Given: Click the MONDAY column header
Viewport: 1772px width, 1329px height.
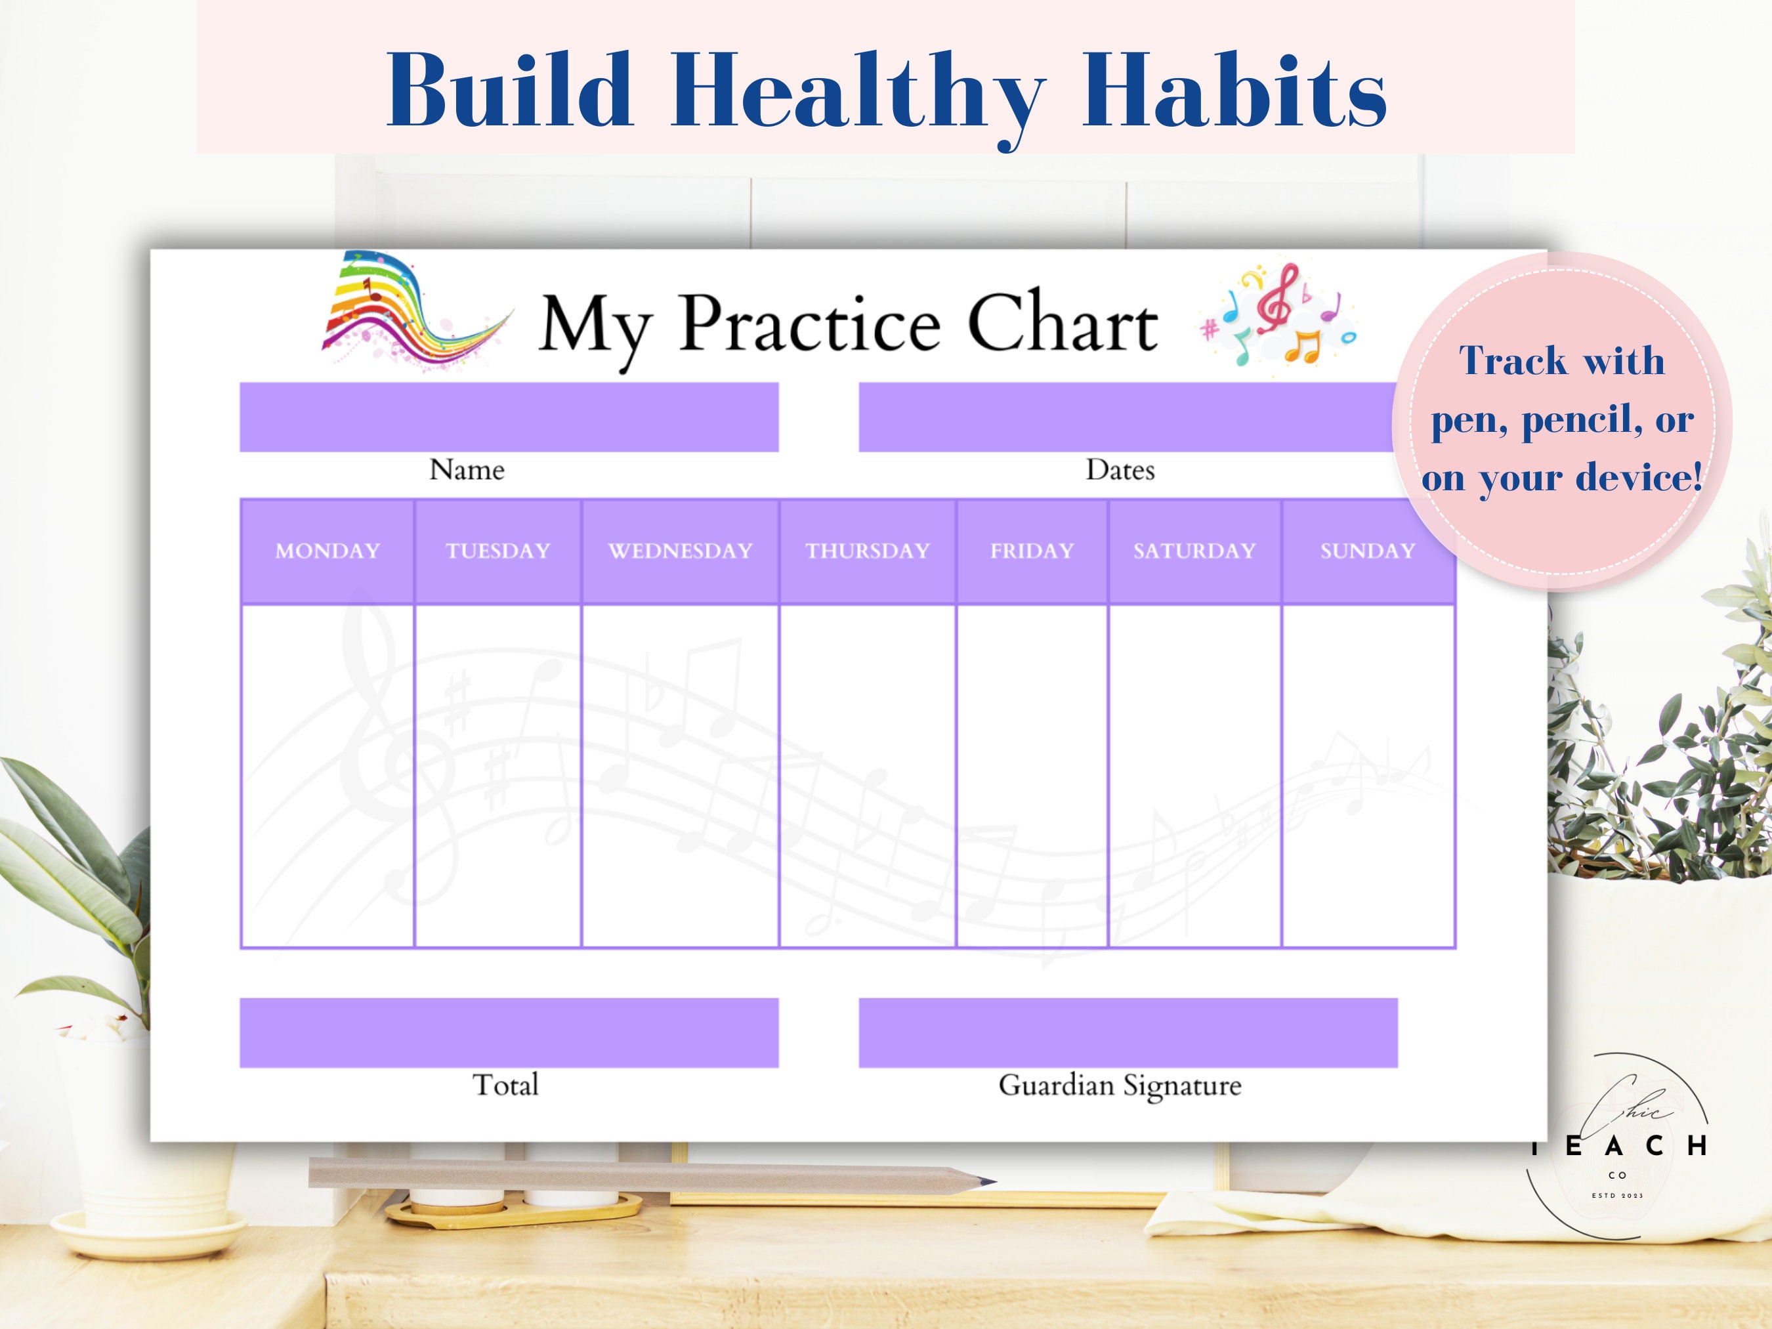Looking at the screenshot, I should point(327,551).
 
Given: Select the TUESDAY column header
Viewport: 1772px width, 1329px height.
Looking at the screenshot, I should point(497,551).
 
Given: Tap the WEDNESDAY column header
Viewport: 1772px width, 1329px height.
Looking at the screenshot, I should point(680,551).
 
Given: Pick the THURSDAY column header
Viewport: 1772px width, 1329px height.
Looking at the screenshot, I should point(868,551).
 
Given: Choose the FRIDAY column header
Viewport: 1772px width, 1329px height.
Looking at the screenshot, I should point(1032,551).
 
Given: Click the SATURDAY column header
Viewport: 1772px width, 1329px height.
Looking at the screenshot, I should point(1194,551).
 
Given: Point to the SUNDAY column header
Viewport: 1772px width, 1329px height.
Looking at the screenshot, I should point(1368,551).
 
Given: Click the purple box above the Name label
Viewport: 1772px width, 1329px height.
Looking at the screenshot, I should point(509,417).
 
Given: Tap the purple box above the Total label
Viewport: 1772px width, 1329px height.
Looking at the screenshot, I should point(509,1032).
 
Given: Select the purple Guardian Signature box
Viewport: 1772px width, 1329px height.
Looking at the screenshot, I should point(1128,1032).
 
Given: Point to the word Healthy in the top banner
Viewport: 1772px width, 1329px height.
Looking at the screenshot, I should point(858,92).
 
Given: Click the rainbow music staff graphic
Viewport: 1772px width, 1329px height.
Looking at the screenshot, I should point(409,312).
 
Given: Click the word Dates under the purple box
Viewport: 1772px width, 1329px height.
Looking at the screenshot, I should point(1120,471).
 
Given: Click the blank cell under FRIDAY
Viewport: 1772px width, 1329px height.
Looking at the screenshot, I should point(1032,776).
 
